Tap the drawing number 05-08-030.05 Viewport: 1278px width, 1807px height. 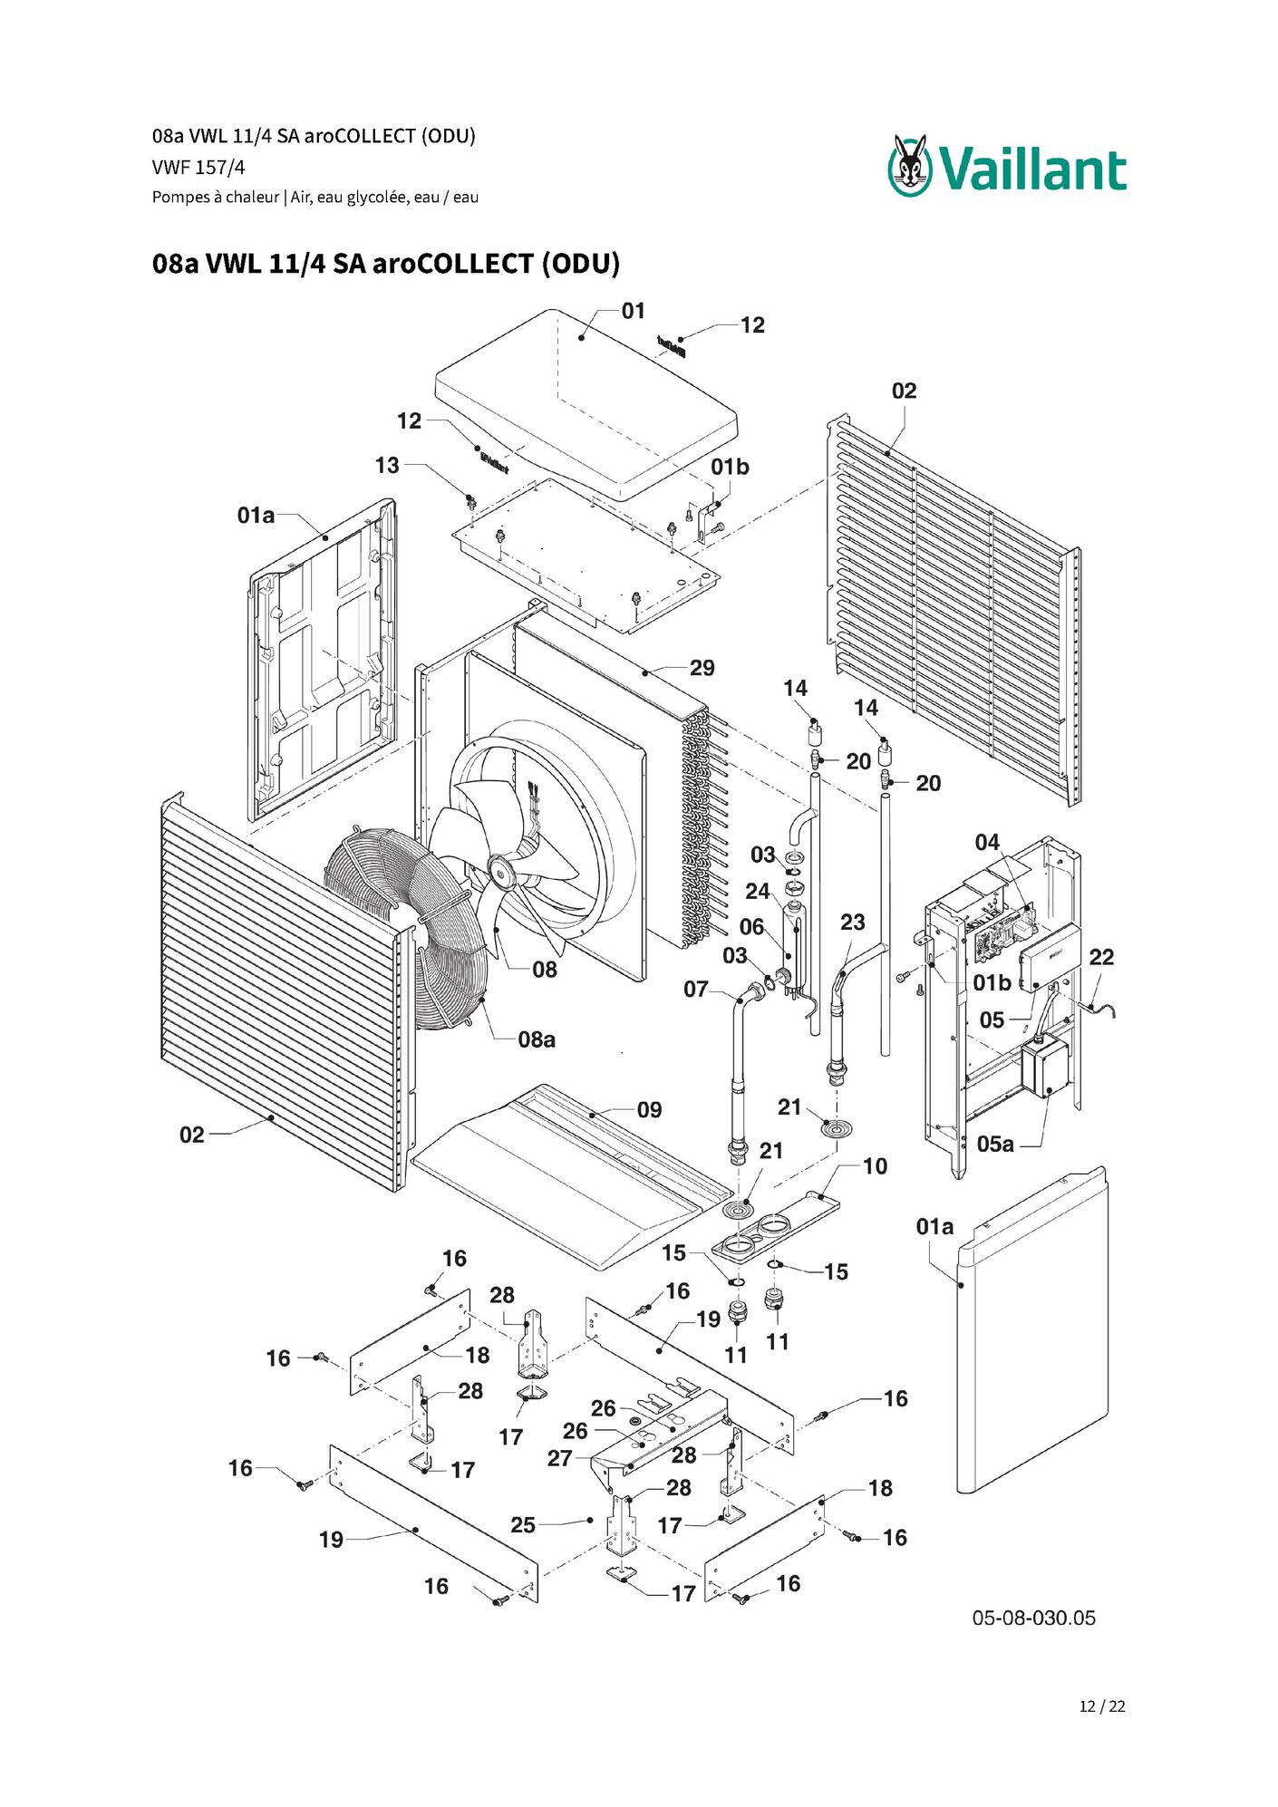point(1033,1618)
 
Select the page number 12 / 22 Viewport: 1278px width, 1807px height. point(1102,1706)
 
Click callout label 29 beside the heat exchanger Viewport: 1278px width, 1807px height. point(702,668)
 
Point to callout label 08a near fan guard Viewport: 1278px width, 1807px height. point(537,1039)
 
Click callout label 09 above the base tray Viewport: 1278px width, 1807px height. point(649,1110)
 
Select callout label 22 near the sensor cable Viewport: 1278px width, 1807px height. point(1101,957)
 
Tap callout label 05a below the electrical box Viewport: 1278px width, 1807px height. point(995,1144)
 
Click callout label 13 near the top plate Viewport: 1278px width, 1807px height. point(387,465)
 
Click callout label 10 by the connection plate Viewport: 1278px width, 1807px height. point(875,1166)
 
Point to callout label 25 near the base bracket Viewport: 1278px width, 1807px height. point(523,1525)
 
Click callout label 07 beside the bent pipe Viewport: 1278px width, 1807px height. point(695,990)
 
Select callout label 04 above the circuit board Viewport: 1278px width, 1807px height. point(987,842)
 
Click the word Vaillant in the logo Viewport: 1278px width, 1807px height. point(1032,170)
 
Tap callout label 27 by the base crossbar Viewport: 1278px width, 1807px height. point(560,1458)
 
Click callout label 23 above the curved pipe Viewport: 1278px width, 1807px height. point(852,922)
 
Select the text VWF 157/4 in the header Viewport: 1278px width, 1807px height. point(198,168)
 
